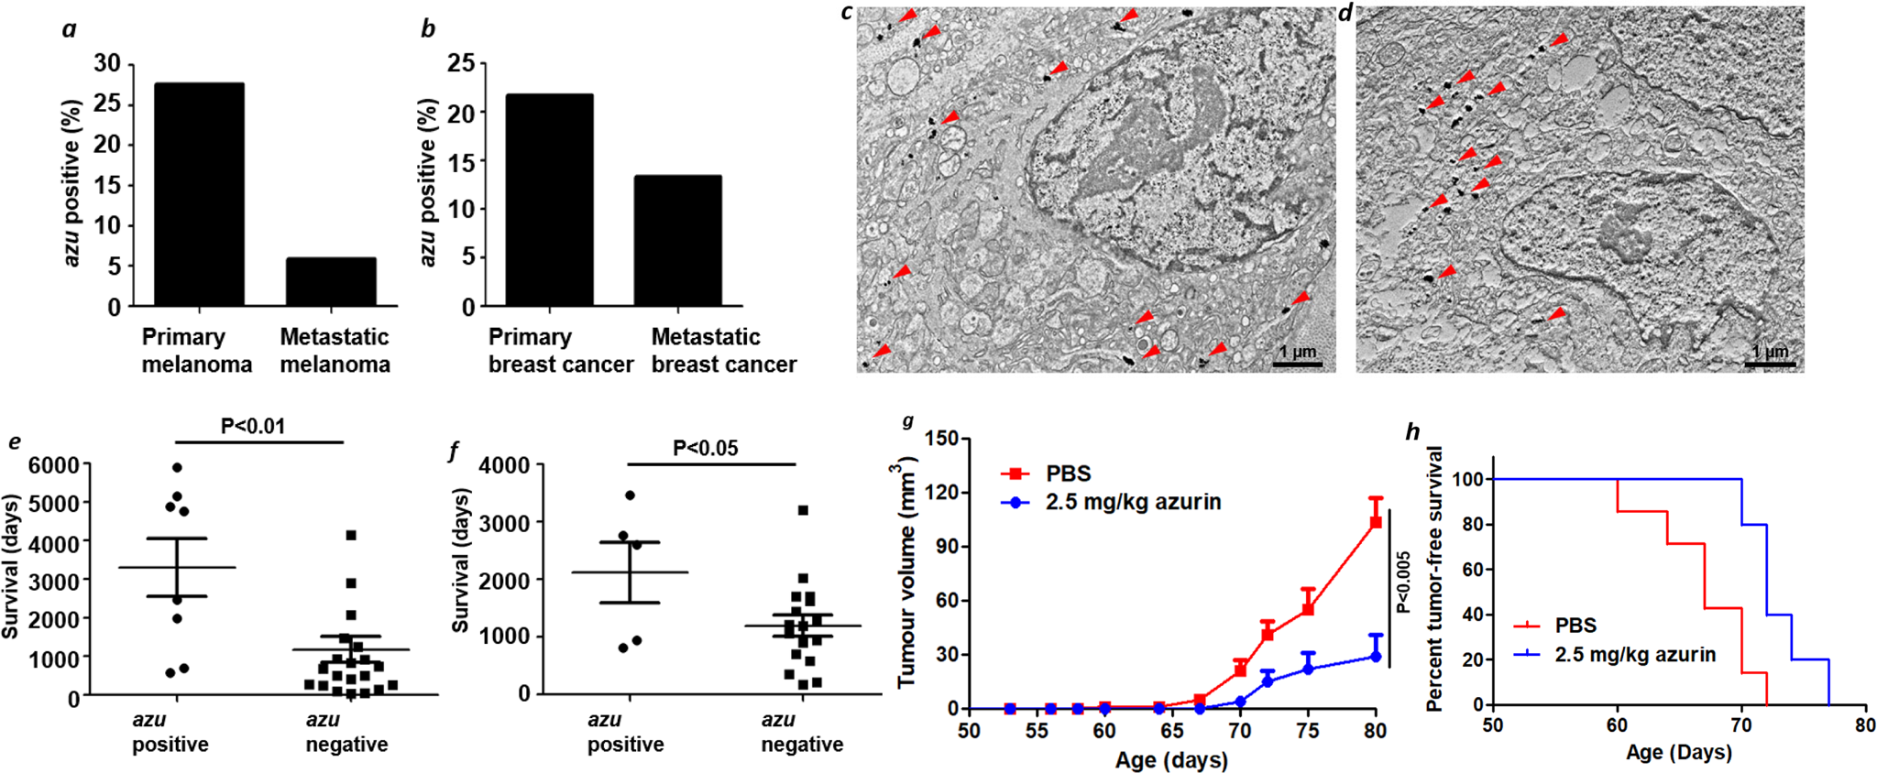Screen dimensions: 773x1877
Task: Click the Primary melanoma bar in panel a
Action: (x=199, y=194)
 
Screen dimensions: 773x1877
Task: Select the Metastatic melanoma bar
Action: (x=331, y=281)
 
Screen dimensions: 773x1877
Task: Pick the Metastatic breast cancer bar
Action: (x=677, y=240)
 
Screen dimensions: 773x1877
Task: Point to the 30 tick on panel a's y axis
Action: (x=107, y=63)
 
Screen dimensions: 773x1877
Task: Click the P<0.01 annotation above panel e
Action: (x=253, y=426)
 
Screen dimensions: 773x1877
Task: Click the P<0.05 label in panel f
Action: (x=705, y=448)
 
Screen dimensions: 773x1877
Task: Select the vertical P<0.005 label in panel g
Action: (x=1403, y=582)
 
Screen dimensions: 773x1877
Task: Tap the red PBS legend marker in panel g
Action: (x=1014, y=474)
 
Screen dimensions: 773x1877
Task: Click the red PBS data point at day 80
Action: (x=1375, y=522)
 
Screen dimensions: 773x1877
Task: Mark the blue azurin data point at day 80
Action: (x=1375, y=657)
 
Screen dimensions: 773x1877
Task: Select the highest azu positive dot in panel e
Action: (x=177, y=468)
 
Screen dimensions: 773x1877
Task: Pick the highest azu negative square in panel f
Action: (x=803, y=510)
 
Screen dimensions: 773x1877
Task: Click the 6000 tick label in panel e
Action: (x=54, y=465)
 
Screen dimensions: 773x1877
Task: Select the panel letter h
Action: (x=1412, y=431)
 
